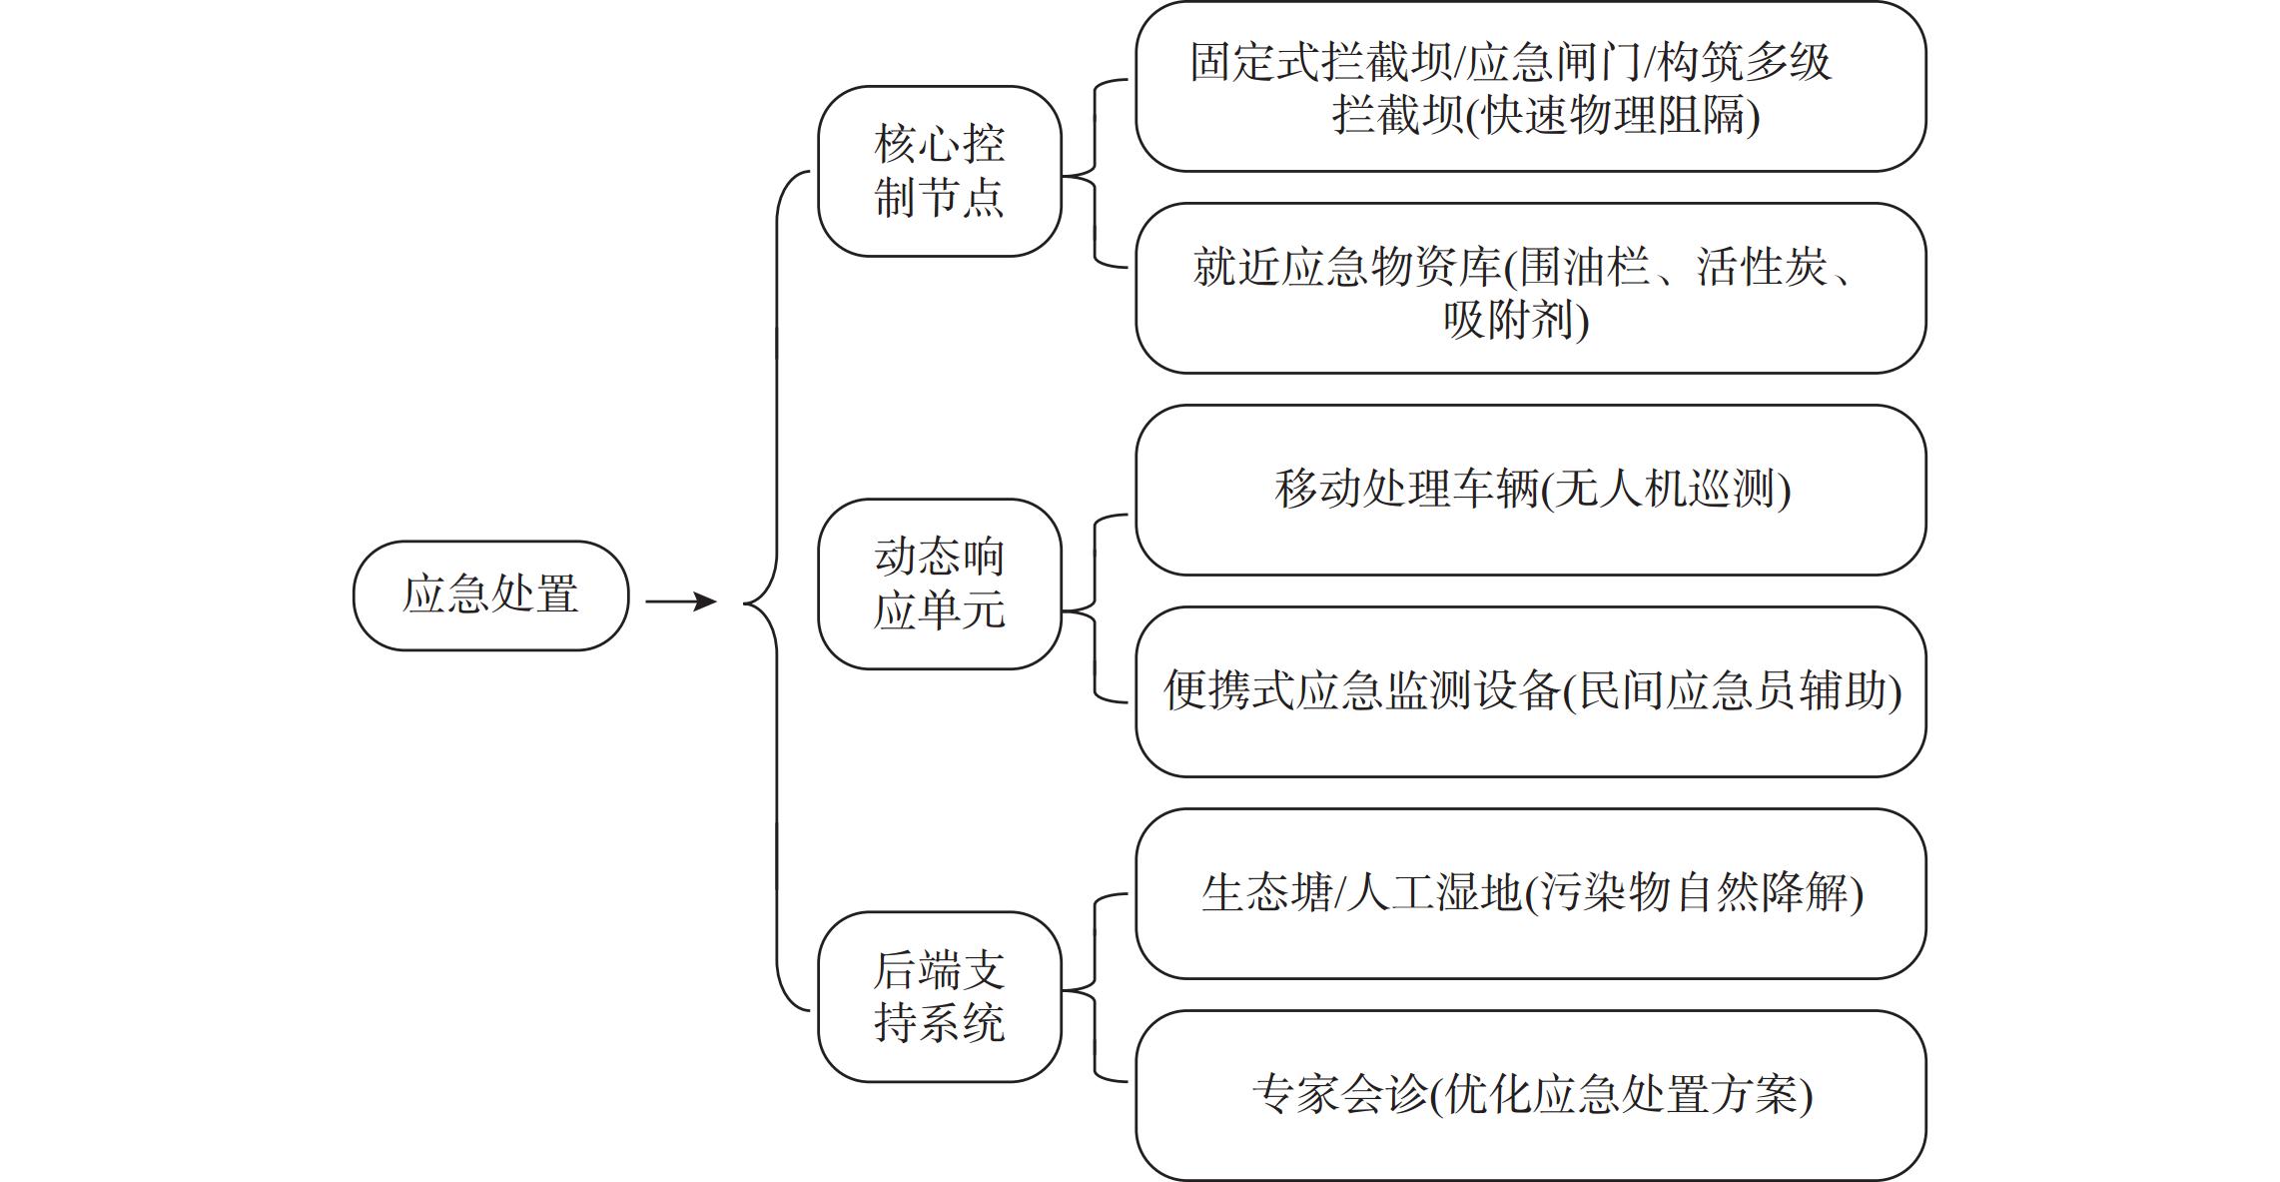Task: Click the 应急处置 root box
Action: point(490,595)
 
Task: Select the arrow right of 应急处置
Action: point(681,601)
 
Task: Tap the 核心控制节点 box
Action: point(939,171)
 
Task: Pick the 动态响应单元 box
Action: point(939,584)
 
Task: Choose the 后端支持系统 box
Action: point(939,996)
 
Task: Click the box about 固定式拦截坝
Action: point(1530,87)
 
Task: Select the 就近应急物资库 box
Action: point(1530,289)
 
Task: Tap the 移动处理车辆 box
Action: point(1530,490)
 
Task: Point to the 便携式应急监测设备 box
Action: point(1530,691)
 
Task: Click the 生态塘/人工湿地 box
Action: point(1530,893)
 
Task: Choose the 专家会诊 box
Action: point(1530,1095)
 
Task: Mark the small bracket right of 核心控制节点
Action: point(1096,175)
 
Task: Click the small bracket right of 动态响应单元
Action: point(1096,609)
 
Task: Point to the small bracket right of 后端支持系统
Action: point(1096,989)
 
